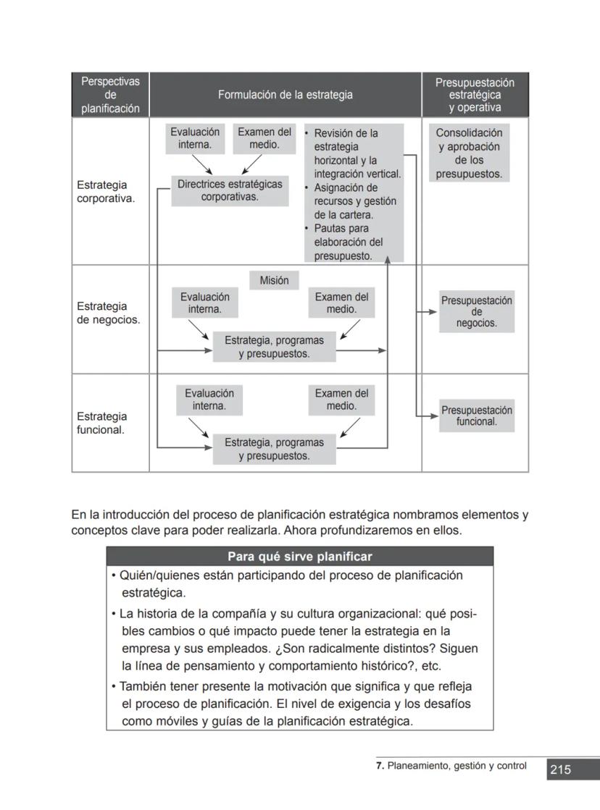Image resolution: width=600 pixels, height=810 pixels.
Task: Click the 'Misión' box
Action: pyautogui.click(x=274, y=281)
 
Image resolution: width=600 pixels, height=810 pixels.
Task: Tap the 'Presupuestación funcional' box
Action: pyautogui.click(x=476, y=415)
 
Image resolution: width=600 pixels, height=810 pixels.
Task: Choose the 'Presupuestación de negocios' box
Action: pyautogui.click(x=476, y=312)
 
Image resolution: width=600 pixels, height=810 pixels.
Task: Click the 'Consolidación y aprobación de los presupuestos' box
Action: pyautogui.click(x=469, y=153)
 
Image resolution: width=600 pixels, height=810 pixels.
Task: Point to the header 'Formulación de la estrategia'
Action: pyautogui.click(x=286, y=95)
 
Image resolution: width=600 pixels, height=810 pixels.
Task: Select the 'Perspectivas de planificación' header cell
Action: pyautogui.click(x=110, y=95)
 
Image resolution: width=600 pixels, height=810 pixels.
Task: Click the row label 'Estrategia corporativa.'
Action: pyautogui.click(x=106, y=192)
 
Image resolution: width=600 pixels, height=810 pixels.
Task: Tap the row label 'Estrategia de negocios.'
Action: pyautogui.click(x=108, y=313)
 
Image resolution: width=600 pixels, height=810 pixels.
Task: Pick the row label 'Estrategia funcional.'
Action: pyautogui.click(x=101, y=423)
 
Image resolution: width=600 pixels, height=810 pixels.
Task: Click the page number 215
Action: pyautogui.click(x=560, y=770)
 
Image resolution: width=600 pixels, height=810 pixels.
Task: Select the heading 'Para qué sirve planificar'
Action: pyautogui.click(x=299, y=557)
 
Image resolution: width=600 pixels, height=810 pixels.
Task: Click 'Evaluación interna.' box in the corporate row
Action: pyautogui.click(x=195, y=138)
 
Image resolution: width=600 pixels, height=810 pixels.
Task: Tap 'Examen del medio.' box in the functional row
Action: pyautogui.click(x=341, y=400)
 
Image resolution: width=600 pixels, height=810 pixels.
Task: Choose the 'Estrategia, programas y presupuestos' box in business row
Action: pyautogui.click(x=274, y=347)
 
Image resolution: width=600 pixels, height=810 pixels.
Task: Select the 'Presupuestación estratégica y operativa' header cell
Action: pyautogui.click(x=475, y=95)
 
